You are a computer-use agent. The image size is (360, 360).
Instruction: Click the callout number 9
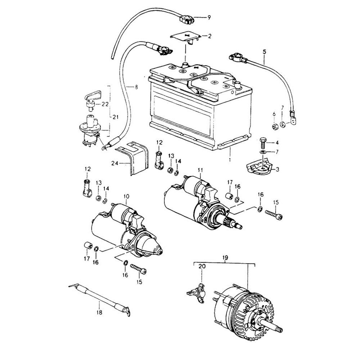[x=208, y=17]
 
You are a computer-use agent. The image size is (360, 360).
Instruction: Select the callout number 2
[x=209, y=36]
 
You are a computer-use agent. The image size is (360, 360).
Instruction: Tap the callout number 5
[x=265, y=52]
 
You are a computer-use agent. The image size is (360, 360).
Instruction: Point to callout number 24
[x=115, y=163]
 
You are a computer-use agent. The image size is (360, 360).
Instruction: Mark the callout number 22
[x=105, y=104]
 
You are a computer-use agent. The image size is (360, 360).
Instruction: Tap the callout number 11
[x=200, y=169]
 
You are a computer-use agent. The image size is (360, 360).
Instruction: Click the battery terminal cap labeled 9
[x=187, y=19]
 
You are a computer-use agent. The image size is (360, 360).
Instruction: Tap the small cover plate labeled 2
[x=185, y=36]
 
